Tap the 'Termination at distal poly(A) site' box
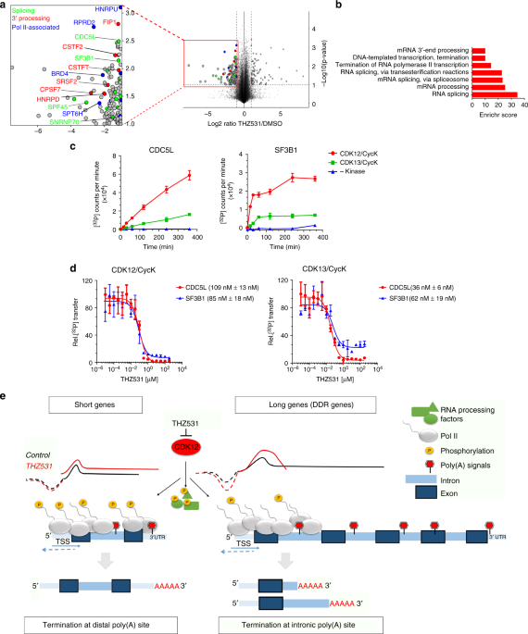(93, 612)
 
